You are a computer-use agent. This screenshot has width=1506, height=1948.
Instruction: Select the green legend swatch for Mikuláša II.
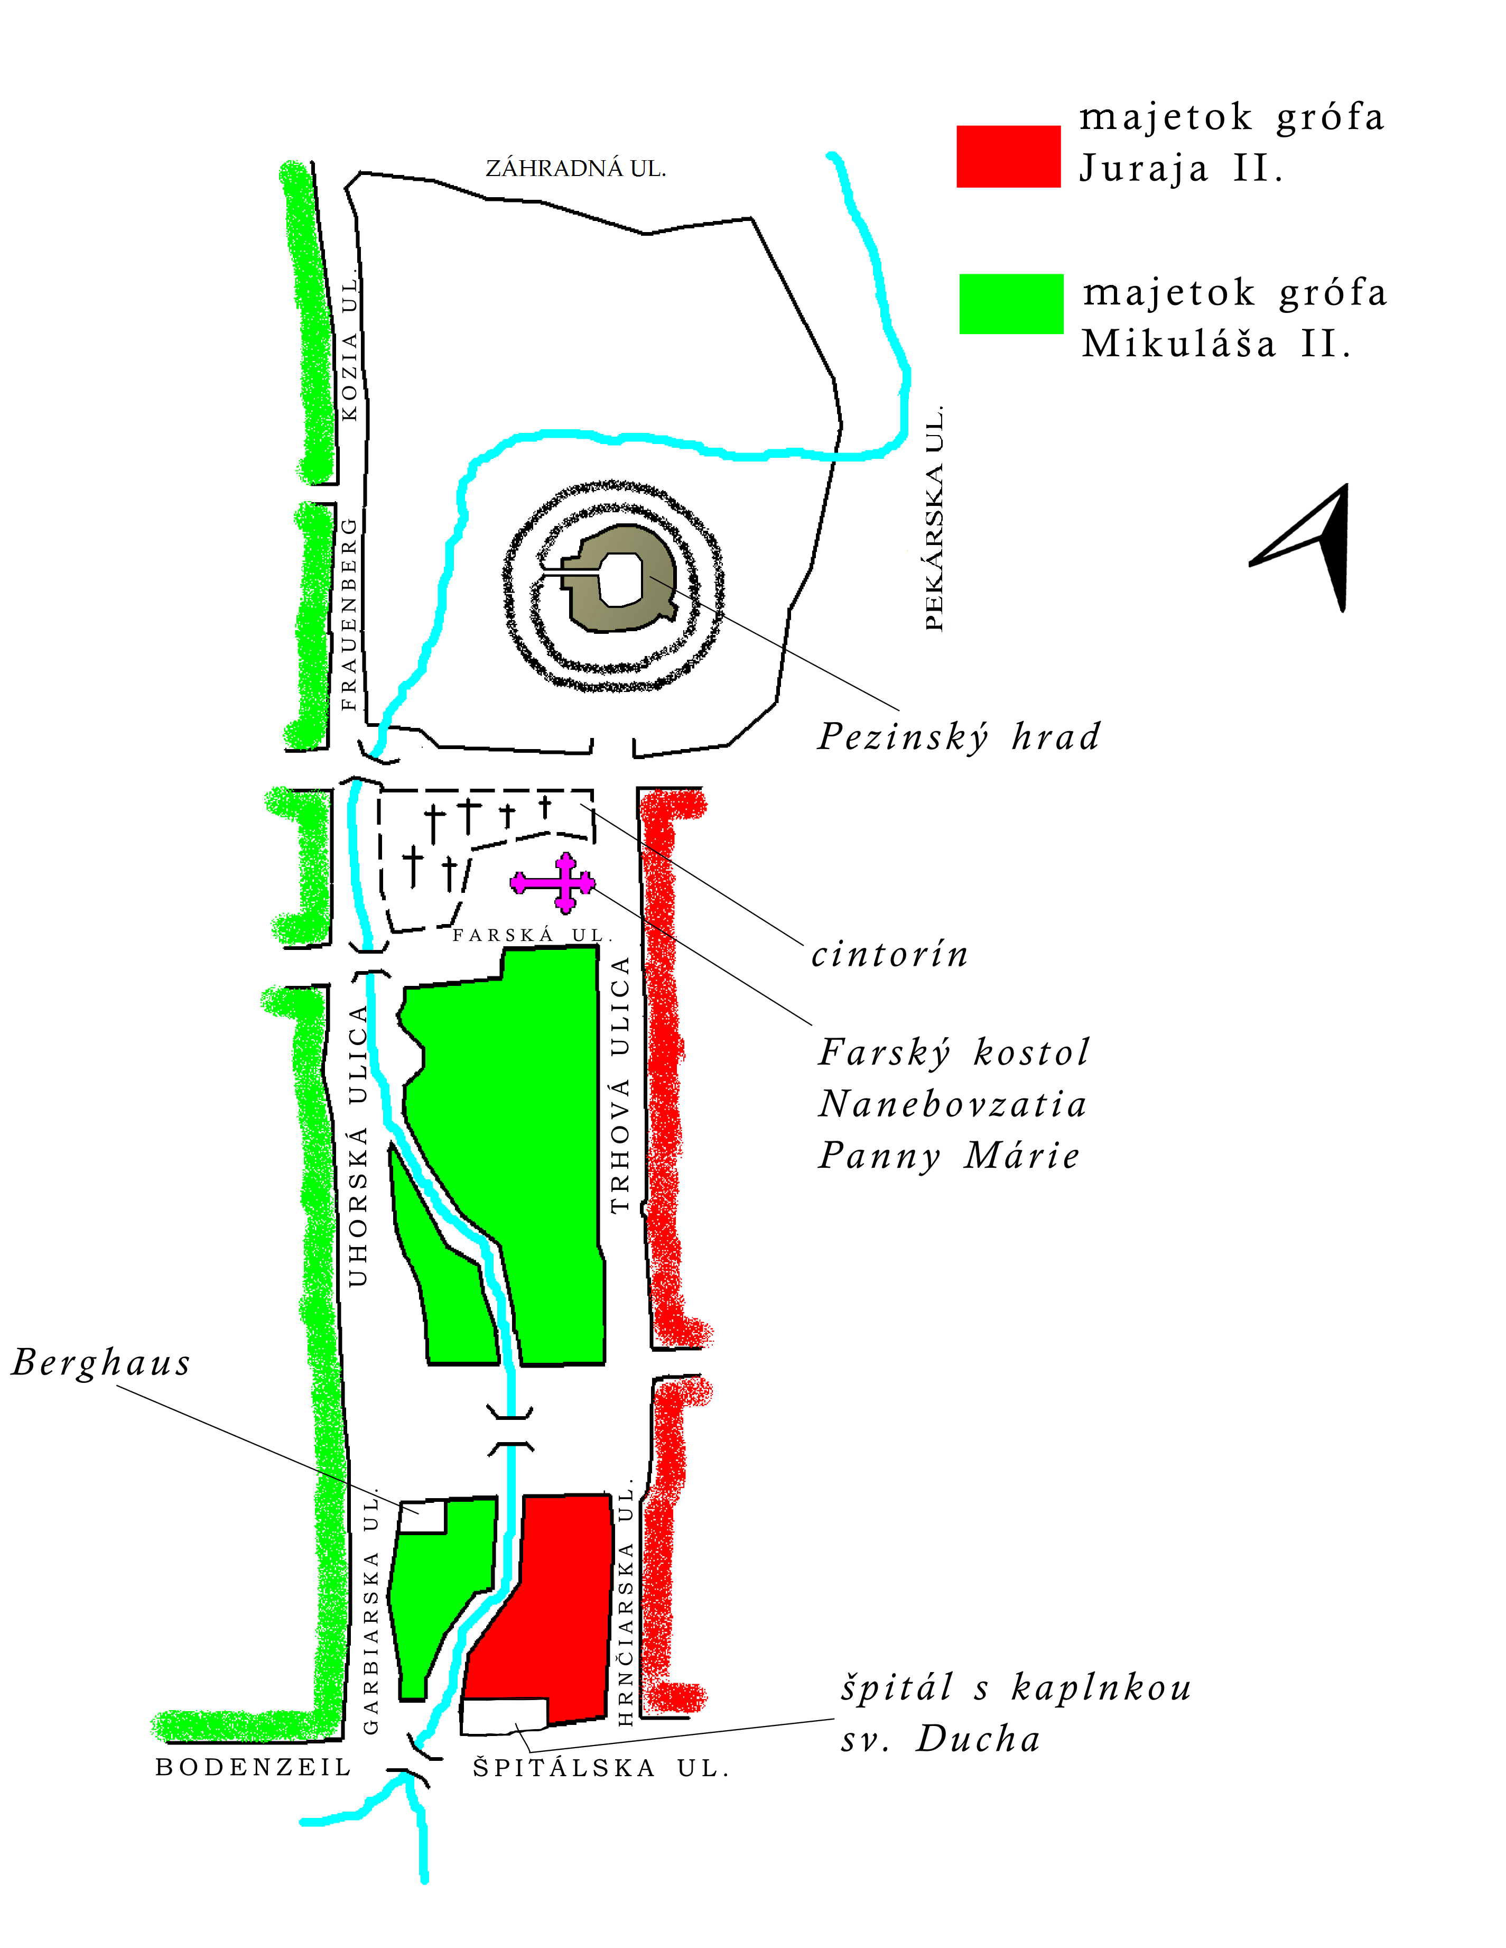(x=1011, y=304)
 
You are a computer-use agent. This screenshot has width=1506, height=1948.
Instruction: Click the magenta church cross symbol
(x=553, y=883)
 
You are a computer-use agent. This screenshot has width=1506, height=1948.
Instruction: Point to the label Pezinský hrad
(x=959, y=737)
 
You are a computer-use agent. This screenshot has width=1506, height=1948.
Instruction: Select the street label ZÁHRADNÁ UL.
(x=575, y=169)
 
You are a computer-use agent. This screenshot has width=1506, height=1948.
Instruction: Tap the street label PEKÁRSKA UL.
(x=934, y=519)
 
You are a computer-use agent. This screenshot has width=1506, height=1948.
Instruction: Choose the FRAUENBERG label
(x=349, y=614)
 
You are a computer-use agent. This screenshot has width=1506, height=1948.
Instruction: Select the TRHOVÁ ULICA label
(x=620, y=1084)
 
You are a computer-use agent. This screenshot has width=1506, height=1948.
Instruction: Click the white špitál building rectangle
(x=504, y=1716)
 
